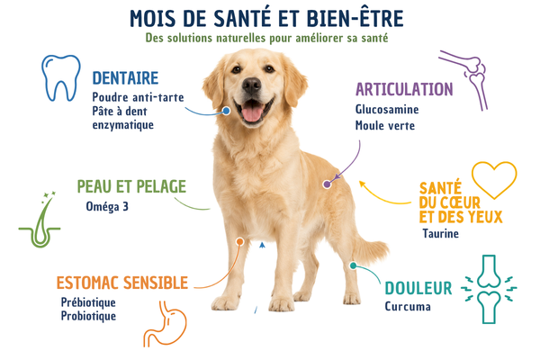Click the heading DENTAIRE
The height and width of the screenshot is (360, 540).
coord(125,78)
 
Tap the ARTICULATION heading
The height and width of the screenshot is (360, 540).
coord(404,90)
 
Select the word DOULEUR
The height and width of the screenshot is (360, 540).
coord(418,288)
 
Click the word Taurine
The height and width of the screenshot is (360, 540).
coord(440,234)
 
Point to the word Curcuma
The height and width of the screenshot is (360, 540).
coord(408,306)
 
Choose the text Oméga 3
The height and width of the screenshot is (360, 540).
coord(107,206)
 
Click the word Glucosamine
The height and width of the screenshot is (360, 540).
coord(387,109)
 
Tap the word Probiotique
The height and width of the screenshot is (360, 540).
coord(88,316)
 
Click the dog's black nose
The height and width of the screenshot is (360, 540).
coord(251,85)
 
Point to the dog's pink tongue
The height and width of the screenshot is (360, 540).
coord(252,112)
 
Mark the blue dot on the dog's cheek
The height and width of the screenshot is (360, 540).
coord(226,111)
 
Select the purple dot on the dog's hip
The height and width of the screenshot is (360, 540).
coord(327,184)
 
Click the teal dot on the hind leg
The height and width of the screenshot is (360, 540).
coord(353,265)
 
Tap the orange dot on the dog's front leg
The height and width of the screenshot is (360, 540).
coord(240,242)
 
